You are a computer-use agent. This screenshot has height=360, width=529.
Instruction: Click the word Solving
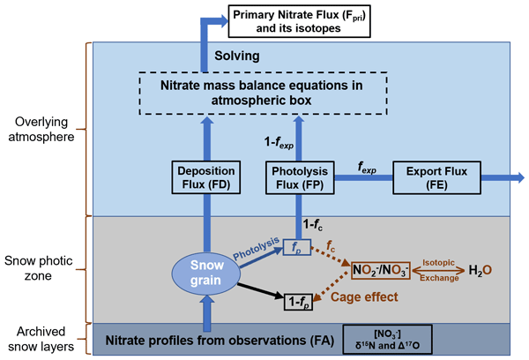click(239, 56)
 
